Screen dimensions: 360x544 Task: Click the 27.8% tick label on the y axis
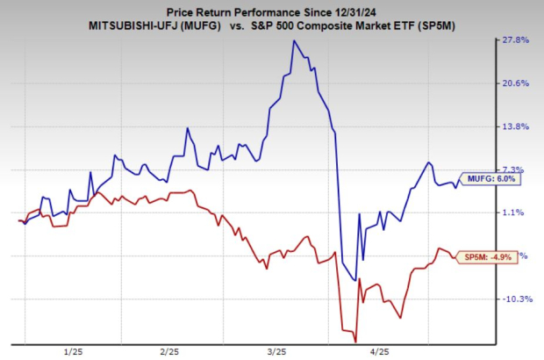pyautogui.click(x=517, y=40)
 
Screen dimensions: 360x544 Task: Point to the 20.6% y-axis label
pyautogui.click(x=517, y=83)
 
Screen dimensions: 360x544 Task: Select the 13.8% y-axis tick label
pyautogui.click(x=517, y=126)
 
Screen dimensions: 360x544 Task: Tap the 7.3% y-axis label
pyautogui.click(x=518, y=169)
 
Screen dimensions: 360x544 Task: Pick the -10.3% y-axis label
pyautogui.click(x=515, y=299)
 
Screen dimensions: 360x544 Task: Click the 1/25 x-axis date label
pyautogui.click(x=75, y=349)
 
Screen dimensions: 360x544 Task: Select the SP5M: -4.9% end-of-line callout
pyautogui.click(x=487, y=256)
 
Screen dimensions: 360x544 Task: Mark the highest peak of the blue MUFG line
pyautogui.click(x=294, y=41)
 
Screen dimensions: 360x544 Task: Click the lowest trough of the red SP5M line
pyautogui.click(x=355, y=342)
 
